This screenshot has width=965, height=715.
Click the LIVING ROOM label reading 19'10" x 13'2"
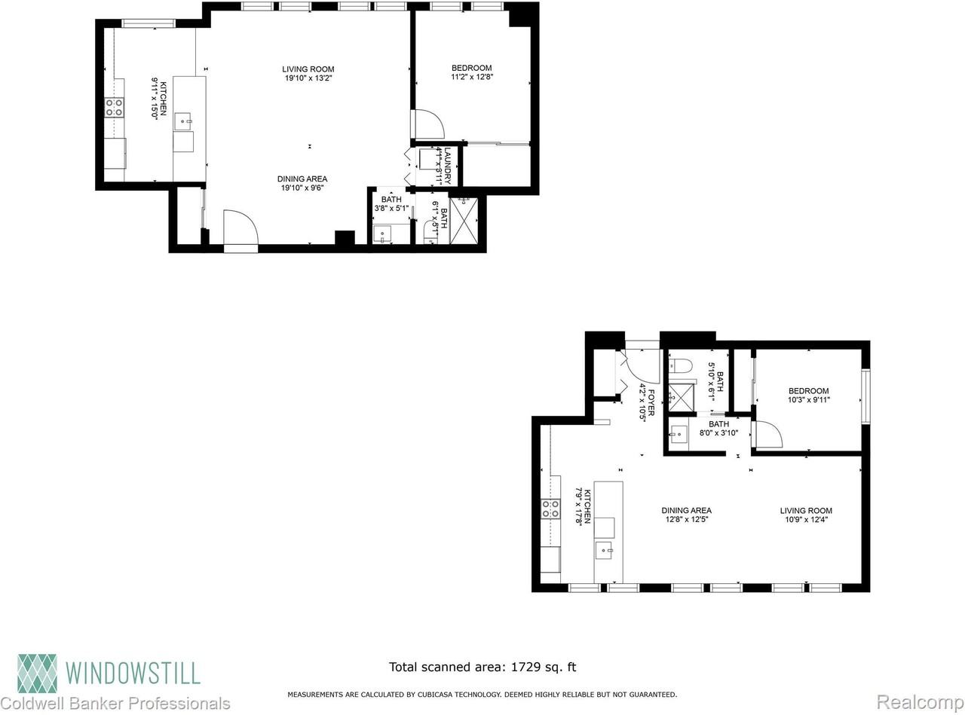click(x=308, y=73)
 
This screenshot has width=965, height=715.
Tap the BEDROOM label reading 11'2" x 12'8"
click(x=472, y=72)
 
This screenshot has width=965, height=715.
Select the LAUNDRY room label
click(x=446, y=167)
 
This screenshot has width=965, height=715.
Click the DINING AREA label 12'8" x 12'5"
click(x=686, y=515)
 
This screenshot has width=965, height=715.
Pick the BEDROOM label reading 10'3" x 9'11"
click(x=808, y=396)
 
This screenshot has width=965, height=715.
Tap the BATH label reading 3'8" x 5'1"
click(x=391, y=204)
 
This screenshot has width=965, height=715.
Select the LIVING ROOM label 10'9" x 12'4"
click(x=805, y=515)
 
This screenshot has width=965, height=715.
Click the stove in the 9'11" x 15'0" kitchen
click(x=114, y=108)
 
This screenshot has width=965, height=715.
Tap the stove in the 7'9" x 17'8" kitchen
click(x=550, y=509)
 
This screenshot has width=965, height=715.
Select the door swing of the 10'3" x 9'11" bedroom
click(x=767, y=435)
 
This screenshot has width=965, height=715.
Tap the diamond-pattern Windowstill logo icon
click(x=38, y=672)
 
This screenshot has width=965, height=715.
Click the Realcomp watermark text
click(x=919, y=703)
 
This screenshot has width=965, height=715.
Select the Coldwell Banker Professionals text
click(x=115, y=704)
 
